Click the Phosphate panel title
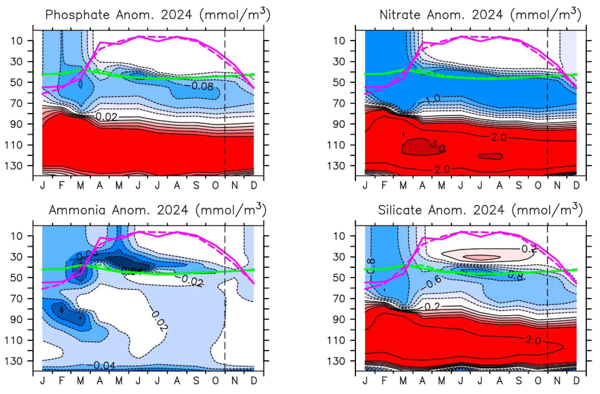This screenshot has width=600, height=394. coord(158,15)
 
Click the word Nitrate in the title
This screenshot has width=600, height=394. coord(400,15)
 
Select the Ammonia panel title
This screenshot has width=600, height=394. coord(158,210)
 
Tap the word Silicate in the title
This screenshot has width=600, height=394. coord(400,210)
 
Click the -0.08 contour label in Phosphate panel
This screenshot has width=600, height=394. coord(202,86)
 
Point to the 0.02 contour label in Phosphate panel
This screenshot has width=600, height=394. coord(106,117)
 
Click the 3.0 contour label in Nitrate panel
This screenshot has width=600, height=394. coord(438,145)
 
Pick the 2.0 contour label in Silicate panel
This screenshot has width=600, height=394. coord(533,340)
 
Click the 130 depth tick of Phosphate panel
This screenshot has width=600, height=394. coord(13,166)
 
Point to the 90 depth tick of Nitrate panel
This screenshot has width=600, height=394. coord(339,124)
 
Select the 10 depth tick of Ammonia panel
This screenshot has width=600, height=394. coord(17,236)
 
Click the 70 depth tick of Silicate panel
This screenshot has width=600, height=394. coord(339,299)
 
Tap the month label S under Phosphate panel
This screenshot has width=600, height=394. coord(196,185)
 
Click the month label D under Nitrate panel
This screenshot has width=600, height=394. coord(576,185)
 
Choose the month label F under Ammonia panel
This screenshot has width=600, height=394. coord(62,381)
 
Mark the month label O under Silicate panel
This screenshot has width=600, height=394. coord(538,381)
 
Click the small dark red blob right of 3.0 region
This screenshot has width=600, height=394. coord(490,156)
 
